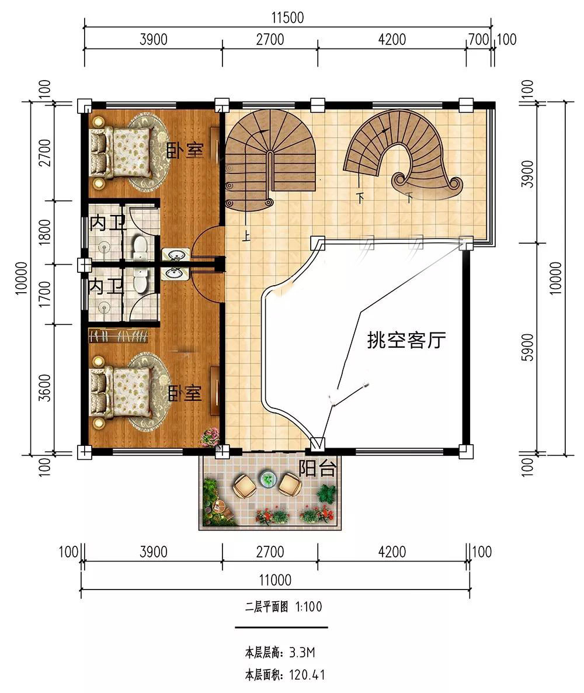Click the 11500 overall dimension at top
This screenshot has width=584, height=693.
coord(288,18)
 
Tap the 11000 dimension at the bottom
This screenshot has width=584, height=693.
coord(274,580)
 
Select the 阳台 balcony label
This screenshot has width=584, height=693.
coord(317,469)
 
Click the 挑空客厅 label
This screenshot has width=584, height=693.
coord(406,340)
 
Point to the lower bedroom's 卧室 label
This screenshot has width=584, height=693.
coord(185,393)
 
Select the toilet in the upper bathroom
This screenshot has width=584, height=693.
coord(140,247)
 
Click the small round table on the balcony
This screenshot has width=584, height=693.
coord(268,479)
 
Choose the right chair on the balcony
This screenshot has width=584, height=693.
coord(290,484)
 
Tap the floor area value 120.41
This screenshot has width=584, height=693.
coord(307,675)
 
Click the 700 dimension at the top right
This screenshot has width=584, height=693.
coord(478,39)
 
